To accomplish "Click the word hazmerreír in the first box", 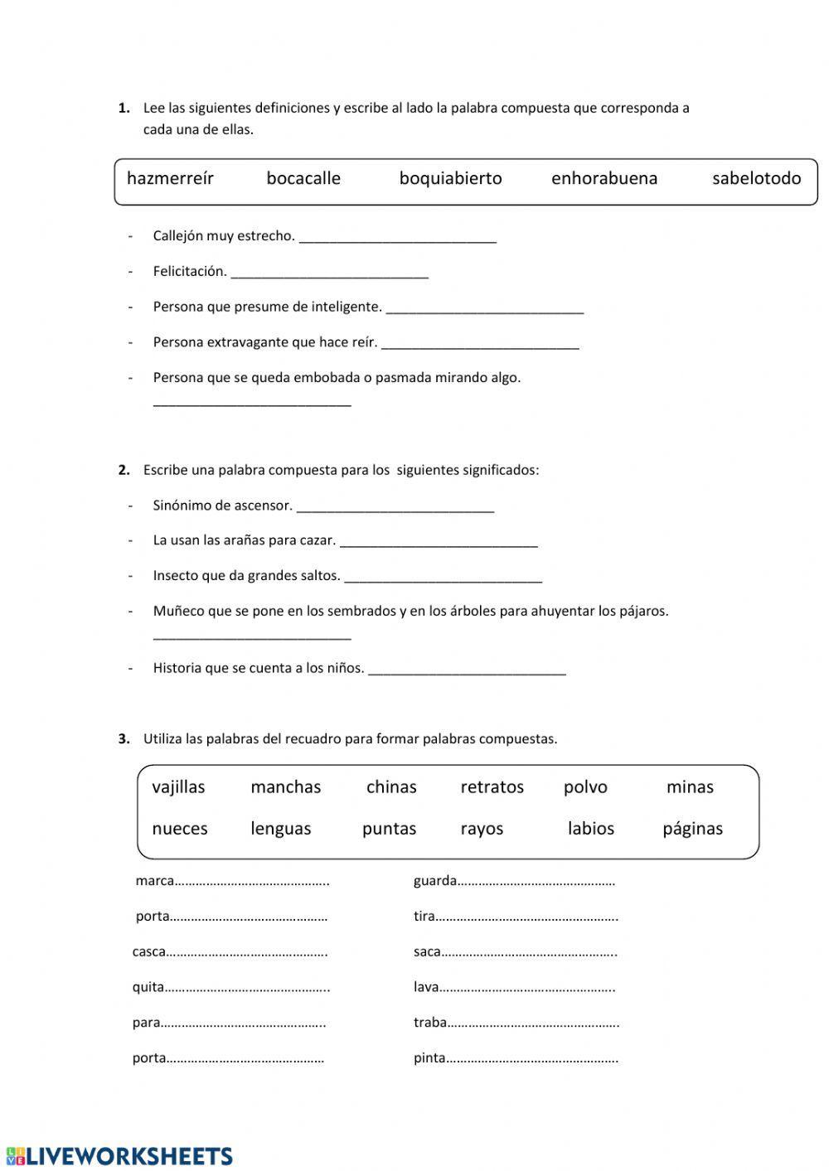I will (170, 178).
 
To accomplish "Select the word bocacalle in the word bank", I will (303, 178).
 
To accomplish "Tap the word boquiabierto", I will (450, 178).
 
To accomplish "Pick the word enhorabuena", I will (604, 178).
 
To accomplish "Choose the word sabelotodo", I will (756, 178).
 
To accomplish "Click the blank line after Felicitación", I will (329, 273).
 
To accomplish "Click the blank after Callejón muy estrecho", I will (397, 238).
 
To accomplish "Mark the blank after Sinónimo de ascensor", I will (395, 506).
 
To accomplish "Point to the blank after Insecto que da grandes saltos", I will (443, 577).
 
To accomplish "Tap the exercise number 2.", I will (124, 470).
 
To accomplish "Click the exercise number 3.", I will (124, 738).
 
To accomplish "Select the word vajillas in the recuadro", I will (178, 786).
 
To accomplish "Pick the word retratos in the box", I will (492, 786).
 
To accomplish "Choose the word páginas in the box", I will (692, 828).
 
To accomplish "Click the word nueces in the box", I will (180, 828).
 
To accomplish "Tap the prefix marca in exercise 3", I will (154, 881).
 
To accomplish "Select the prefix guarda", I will (435, 881).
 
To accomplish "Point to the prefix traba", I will (430, 1023).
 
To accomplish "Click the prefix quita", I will (148, 987).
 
